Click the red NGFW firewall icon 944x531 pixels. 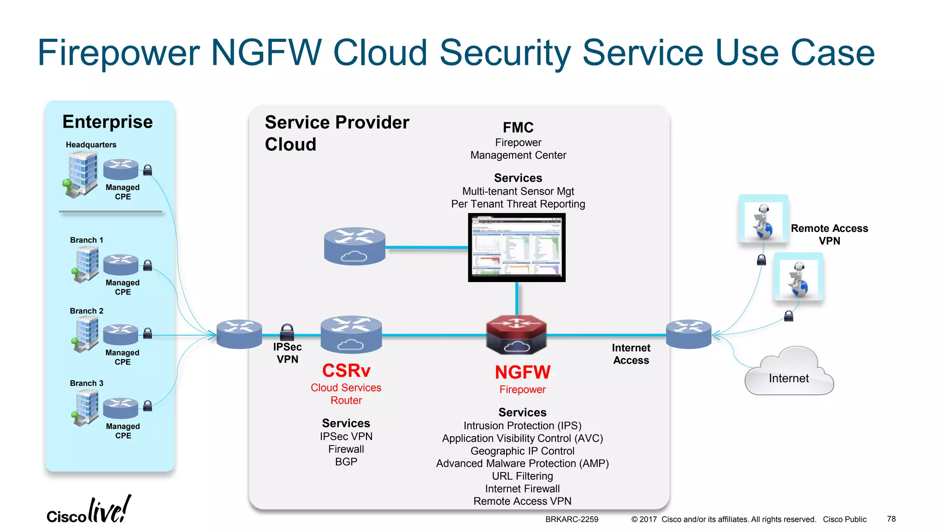click(x=516, y=334)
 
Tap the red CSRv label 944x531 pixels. click(x=346, y=371)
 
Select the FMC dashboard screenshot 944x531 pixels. click(x=516, y=248)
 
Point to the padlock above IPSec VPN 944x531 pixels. click(x=287, y=331)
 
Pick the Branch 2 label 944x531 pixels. click(x=87, y=311)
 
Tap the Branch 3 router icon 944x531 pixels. click(x=121, y=407)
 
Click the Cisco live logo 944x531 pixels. click(x=88, y=511)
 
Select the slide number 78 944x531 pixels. click(x=891, y=519)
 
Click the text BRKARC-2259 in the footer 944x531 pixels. click(x=572, y=519)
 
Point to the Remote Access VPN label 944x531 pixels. click(x=829, y=235)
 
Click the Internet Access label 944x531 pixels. click(x=631, y=354)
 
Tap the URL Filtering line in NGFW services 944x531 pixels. click(x=522, y=476)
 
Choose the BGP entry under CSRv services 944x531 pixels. click(x=346, y=462)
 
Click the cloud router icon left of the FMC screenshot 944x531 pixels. click(x=354, y=246)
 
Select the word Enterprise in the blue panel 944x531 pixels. click(x=107, y=122)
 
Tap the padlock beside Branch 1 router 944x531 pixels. click(x=147, y=265)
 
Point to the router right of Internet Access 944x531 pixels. click(x=689, y=334)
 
